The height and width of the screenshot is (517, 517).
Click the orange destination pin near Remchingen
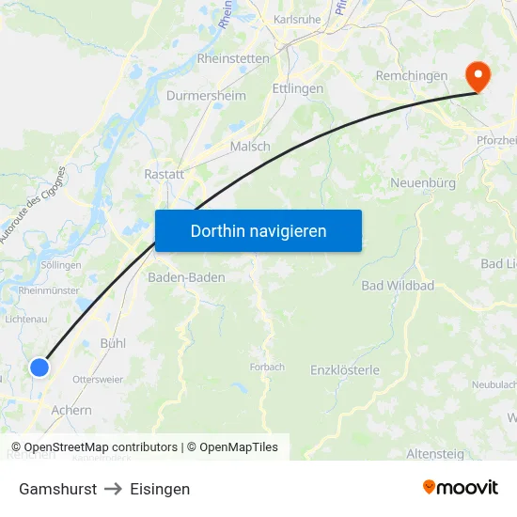477,75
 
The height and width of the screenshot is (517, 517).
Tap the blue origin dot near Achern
39,368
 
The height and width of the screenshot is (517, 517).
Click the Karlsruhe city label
297,19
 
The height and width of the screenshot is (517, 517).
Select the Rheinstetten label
233,58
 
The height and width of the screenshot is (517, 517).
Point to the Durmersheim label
206,96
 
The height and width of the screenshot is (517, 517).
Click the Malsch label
250,147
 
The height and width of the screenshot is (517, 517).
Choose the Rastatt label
164,174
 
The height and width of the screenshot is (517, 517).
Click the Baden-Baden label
186,277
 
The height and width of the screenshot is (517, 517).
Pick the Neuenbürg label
422,183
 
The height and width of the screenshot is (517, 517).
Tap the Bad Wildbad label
398,285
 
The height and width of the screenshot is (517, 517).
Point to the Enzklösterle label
345,370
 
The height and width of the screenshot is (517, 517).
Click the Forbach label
267,367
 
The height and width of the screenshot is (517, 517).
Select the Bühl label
113,343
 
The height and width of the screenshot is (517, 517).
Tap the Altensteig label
435,454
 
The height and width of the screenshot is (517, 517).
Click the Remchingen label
411,75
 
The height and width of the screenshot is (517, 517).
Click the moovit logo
461,488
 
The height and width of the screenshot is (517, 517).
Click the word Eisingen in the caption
160,489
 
